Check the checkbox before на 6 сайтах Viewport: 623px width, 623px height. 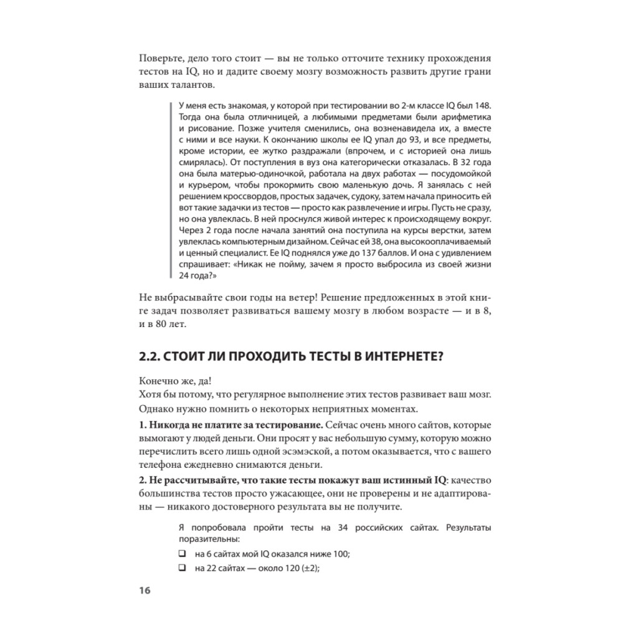point(182,554)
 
